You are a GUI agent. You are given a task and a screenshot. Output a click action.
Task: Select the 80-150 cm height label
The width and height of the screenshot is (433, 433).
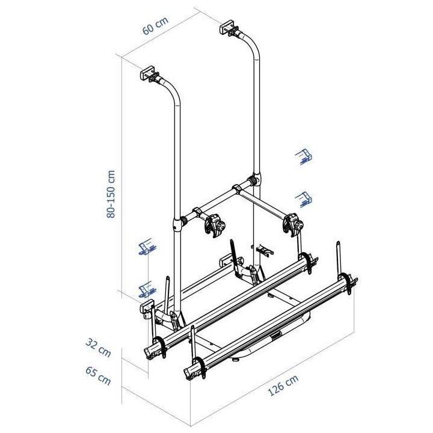click(111, 194)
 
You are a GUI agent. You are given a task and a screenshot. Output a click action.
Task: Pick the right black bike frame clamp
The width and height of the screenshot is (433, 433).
click(292, 223)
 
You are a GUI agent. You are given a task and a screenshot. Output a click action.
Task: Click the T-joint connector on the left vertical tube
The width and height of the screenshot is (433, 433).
click(178, 223)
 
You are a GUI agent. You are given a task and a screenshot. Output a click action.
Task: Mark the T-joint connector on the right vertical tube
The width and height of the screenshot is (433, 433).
click(253, 180)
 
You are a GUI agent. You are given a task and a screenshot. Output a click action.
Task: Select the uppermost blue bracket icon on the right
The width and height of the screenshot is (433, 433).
click(304, 157)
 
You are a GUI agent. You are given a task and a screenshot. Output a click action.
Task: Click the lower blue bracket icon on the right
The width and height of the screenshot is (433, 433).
click(304, 198)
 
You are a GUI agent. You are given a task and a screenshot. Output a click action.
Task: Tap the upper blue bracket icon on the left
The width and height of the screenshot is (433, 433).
click(146, 247)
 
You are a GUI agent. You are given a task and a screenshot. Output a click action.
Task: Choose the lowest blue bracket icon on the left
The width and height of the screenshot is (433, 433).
click(145, 289)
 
